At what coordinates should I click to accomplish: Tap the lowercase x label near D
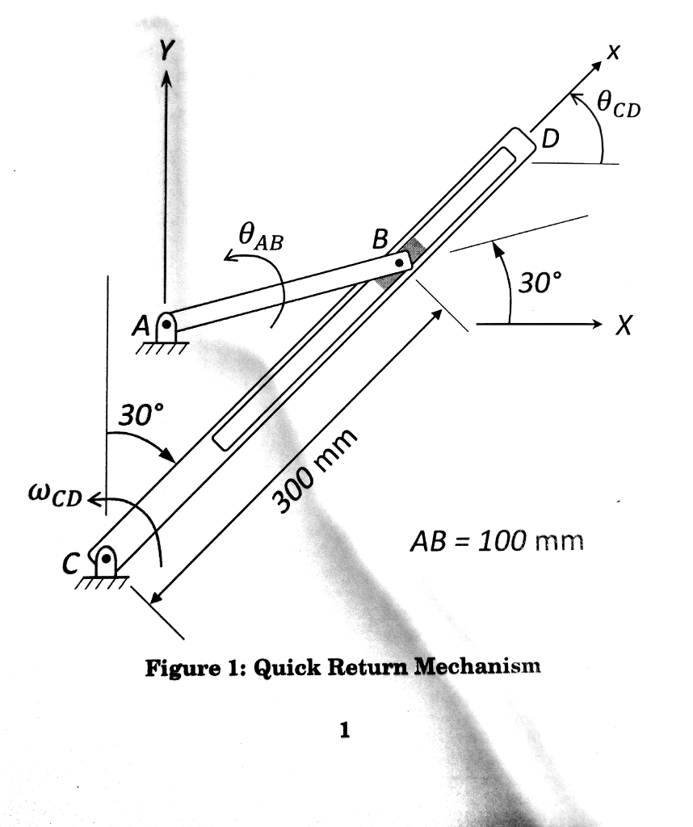pos(613,53)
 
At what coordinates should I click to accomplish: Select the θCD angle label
pos(618,104)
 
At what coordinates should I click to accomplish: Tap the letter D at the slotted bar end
pos(549,140)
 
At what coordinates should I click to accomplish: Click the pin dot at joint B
pos(399,262)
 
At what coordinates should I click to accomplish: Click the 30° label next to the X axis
pos(538,283)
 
